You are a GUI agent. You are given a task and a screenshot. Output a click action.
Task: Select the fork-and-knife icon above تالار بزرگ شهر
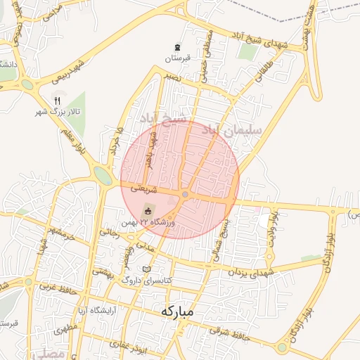click(x=57, y=100)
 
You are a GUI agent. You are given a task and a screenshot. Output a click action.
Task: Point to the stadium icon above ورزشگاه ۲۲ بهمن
click(x=148, y=210)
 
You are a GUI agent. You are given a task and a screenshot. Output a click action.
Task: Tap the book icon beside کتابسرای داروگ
click(x=146, y=270)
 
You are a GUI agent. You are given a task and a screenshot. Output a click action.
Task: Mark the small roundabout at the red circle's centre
click(x=185, y=194)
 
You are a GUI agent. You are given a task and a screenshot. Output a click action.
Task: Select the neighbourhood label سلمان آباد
click(x=232, y=130)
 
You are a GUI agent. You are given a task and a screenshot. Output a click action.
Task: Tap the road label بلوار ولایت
click(x=275, y=226)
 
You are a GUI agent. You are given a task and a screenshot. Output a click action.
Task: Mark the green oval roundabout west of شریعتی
click(x=103, y=176)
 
